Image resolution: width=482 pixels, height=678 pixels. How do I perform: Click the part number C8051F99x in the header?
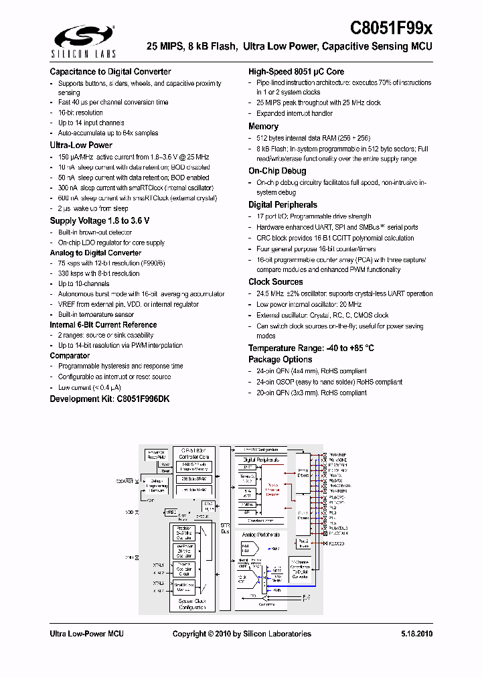[x=392, y=28]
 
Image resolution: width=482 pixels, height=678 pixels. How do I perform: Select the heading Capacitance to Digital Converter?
[x=110, y=72]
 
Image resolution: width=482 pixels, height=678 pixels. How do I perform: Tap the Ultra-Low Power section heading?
[x=81, y=145]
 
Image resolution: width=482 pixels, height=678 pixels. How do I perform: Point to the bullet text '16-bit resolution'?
[x=80, y=113]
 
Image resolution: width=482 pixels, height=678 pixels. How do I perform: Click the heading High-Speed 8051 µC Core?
[x=297, y=72]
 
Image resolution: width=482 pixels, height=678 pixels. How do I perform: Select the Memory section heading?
[x=263, y=126]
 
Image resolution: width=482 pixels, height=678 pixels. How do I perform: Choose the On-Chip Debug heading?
[x=277, y=171]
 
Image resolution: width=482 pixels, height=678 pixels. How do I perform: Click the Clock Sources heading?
[x=275, y=282]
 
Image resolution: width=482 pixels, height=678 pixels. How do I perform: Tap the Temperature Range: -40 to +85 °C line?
[x=311, y=348]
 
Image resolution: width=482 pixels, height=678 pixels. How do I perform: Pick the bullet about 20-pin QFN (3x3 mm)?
[x=311, y=393]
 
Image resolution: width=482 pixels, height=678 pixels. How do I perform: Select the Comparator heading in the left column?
[x=70, y=356]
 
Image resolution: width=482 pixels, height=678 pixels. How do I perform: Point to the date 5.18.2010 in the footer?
[x=416, y=634]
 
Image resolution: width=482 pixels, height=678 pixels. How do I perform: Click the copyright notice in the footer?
[x=242, y=634]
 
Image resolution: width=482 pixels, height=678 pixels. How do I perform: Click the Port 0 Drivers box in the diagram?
[x=303, y=472]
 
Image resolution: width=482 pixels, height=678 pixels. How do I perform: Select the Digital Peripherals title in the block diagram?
[x=260, y=460]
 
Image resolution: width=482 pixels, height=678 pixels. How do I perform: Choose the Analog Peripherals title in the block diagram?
[x=260, y=535]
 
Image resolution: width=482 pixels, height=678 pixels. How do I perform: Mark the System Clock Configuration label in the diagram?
[x=192, y=604]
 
